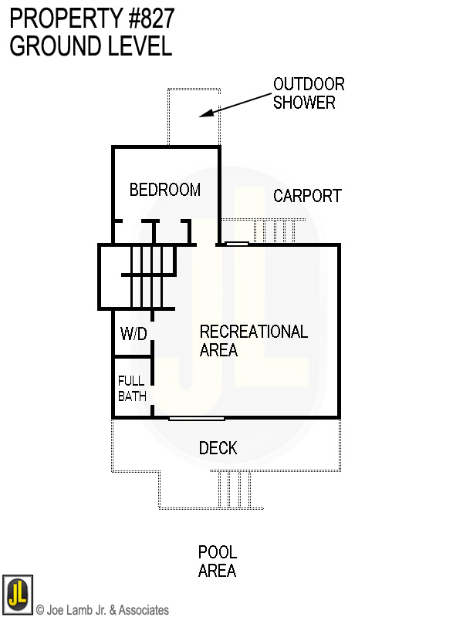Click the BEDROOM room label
click(x=164, y=190)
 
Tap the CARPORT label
click(x=307, y=196)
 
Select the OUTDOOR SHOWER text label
click(x=309, y=93)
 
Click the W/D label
click(x=133, y=334)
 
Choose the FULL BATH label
click(x=131, y=388)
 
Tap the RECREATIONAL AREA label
click(x=253, y=341)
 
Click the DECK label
click(x=218, y=448)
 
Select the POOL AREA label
click(x=217, y=561)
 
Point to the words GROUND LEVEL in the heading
click(x=90, y=46)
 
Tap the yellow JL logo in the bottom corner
click(x=17, y=594)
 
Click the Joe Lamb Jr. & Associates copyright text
click(x=103, y=610)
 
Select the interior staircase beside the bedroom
click(x=147, y=275)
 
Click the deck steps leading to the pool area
click(x=235, y=490)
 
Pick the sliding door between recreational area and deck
click(x=196, y=419)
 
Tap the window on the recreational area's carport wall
click(x=236, y=244)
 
